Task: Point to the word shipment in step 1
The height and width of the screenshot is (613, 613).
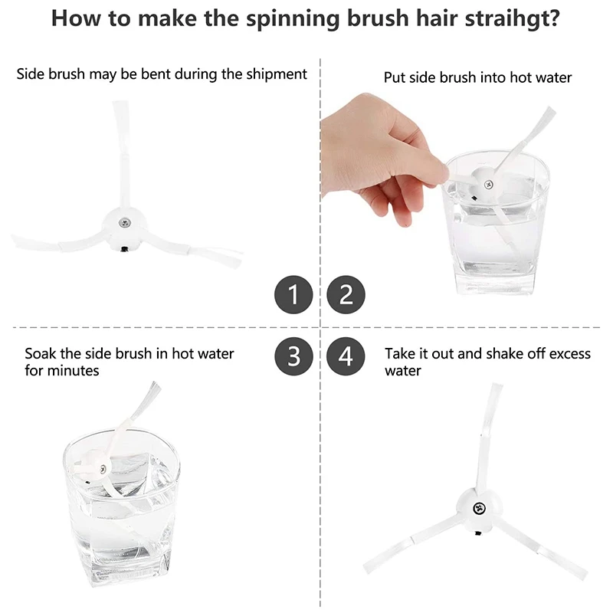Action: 273,74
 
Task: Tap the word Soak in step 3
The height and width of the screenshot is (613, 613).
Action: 41,354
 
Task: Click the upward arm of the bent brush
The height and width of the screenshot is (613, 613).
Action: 121,146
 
